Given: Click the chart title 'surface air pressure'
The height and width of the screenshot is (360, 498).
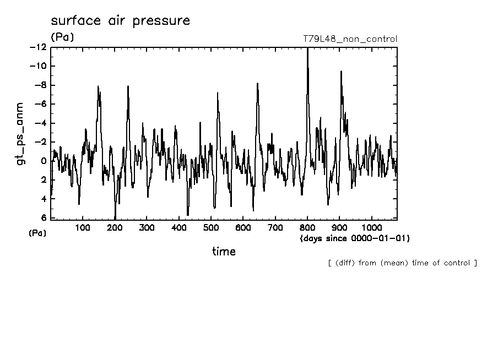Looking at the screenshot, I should (x=120, y=21).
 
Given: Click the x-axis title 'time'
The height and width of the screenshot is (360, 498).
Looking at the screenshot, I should (x=224, y=252).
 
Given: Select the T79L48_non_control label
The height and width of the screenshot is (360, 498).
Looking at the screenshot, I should (x=350, y=39).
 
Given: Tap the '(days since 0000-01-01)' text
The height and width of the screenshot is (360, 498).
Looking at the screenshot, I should (x=355, y=238).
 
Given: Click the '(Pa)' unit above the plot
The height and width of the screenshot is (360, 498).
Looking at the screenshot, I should (x=62, y=37).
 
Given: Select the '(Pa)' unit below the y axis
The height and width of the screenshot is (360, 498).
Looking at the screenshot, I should (x=37, y=233).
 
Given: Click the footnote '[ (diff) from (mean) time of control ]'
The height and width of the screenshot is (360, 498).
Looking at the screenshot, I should (x=402, y=263).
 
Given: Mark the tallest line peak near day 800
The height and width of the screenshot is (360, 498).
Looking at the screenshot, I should (x=307, y=48).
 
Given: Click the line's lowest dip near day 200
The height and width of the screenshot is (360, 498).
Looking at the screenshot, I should (x=115, y=217).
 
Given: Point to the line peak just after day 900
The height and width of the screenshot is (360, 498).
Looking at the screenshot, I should (x=341, y=72).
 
